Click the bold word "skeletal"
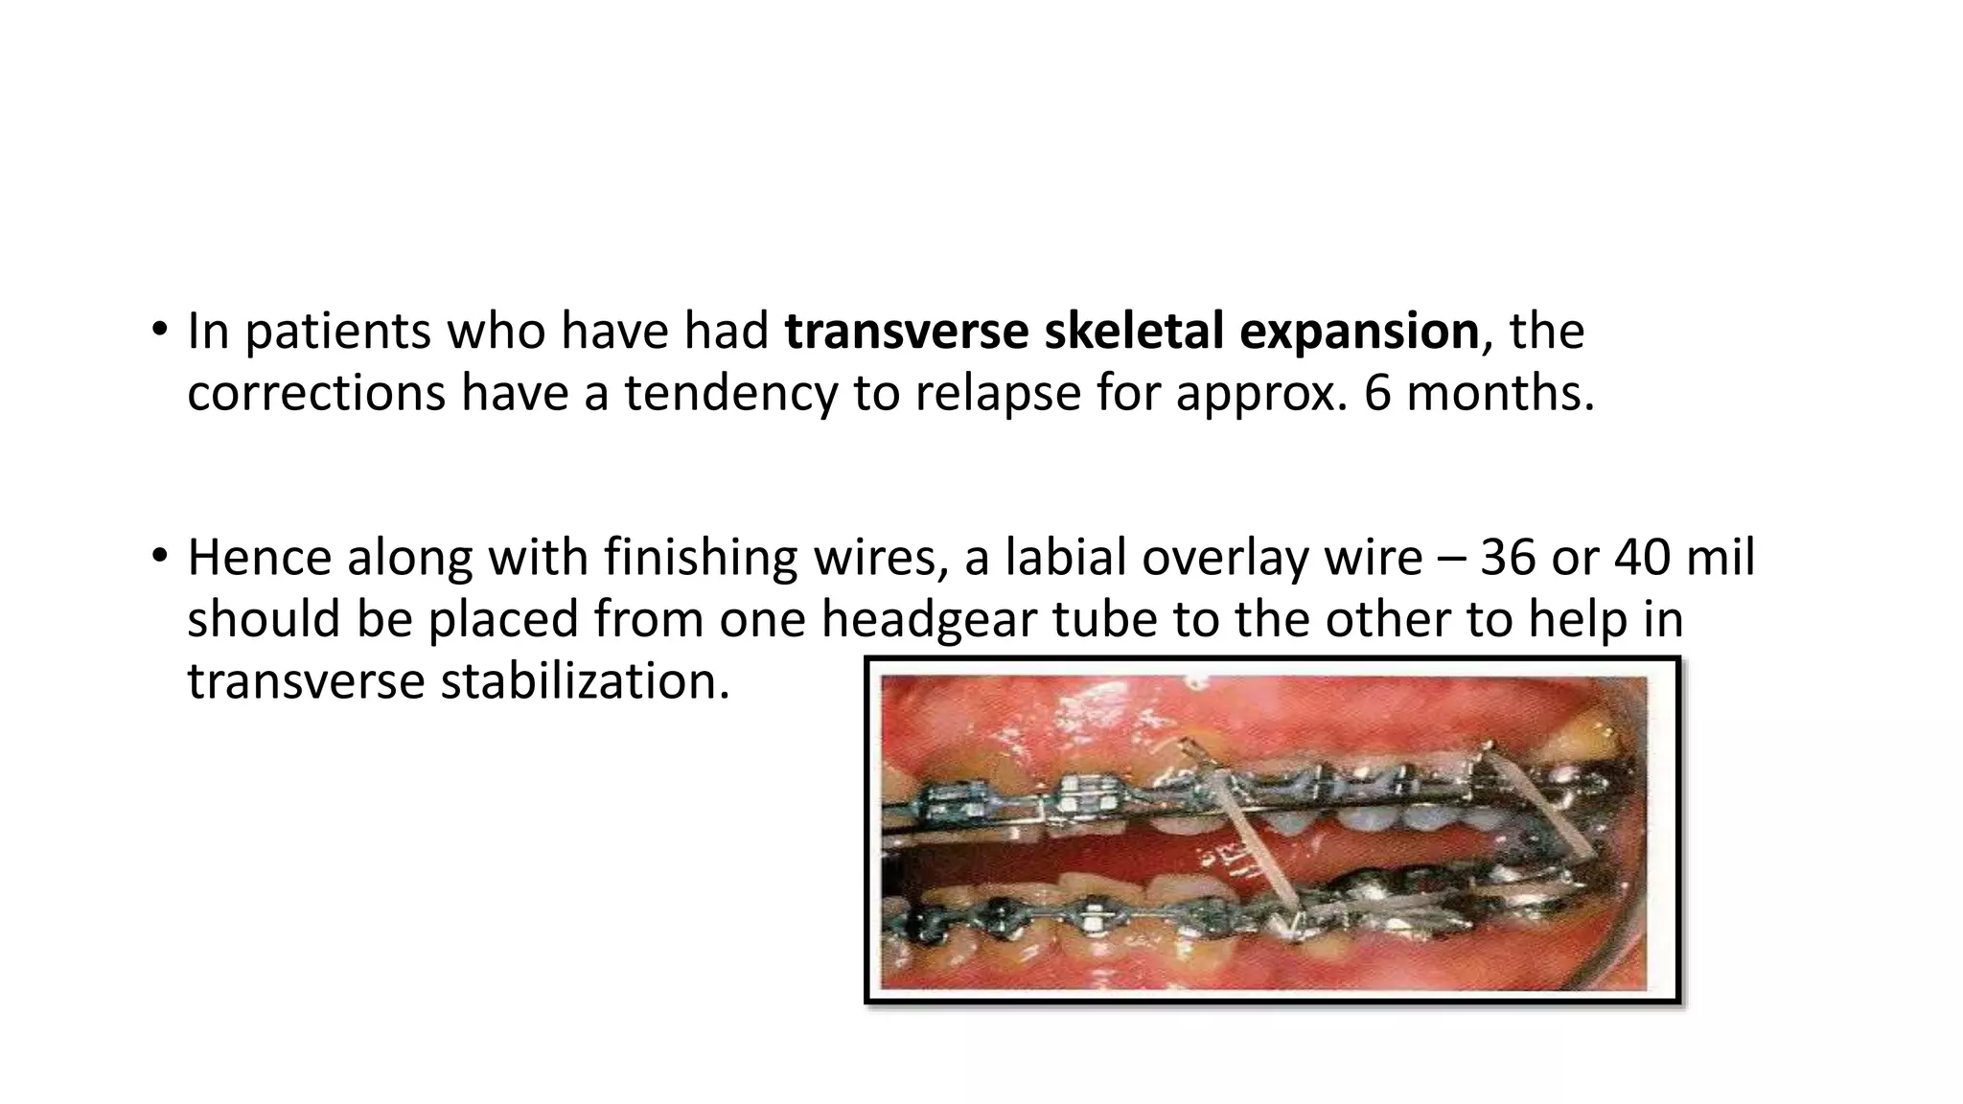(1133, 332)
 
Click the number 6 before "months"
(1377, 393)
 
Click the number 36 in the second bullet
(1508, 558)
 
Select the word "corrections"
(315, 394)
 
